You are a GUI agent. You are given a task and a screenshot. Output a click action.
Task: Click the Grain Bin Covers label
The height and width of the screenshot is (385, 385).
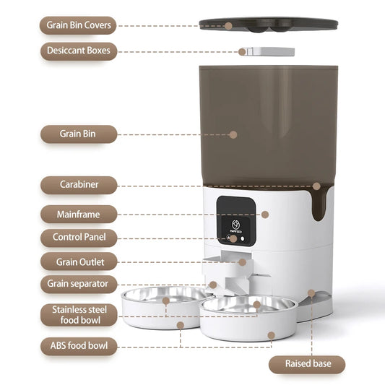(78, 25)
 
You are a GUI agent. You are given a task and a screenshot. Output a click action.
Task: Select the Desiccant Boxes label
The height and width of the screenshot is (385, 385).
(78, 51)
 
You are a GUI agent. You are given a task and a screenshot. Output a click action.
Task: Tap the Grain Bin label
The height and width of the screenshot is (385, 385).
(78, 134)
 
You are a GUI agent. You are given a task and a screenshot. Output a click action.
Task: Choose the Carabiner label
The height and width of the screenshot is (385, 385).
(78, 185)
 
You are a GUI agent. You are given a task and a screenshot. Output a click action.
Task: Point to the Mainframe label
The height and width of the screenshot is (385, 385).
(78, 214)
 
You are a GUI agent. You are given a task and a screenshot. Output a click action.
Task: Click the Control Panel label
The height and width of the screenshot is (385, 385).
(78, 237)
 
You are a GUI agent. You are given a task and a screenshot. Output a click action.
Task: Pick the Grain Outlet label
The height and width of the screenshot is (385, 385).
(78, 261)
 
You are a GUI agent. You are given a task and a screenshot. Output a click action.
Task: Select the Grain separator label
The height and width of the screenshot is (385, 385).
(78, 284)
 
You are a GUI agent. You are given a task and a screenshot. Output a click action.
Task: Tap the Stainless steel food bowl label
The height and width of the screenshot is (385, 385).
(78, 316)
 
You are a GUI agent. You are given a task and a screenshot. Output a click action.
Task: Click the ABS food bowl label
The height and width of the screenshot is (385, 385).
(78, 346)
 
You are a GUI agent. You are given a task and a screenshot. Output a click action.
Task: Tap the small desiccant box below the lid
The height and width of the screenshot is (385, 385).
(266, 52)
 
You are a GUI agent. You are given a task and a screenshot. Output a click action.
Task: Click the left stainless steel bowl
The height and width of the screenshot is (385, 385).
(165, 298)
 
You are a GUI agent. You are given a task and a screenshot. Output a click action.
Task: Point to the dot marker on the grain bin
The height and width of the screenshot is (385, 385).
(233, 134)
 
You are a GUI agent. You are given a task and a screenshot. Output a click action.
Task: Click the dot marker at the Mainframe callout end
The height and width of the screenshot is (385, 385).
(265, 215)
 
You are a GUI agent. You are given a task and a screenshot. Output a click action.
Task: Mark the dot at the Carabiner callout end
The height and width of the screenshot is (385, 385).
(316, 186)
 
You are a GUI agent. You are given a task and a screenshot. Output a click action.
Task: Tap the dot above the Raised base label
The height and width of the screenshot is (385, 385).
(311, 293)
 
